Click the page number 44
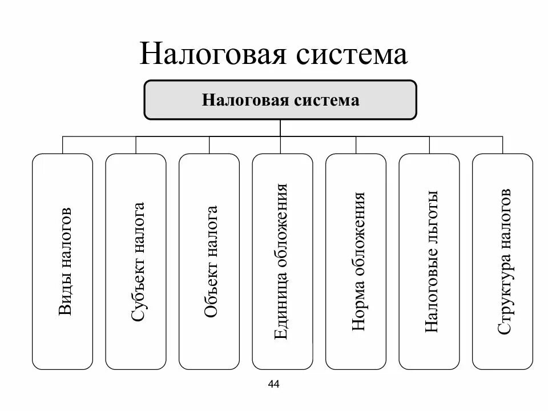click(x=273, y=384)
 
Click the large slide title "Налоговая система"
click(x=273, y=55)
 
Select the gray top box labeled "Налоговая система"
click(x=280, y=100)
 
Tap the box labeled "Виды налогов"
click(x=62, y=261)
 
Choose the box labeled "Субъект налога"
click(x=136, y=261)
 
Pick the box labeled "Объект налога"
click(x=209, y=261)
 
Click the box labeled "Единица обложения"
click(x=283, y=261)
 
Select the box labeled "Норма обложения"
click(x=356, y=261)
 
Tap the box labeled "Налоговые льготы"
click(x=429, y=261)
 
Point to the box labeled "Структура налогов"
click(x=503, y=261)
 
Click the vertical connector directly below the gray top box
click(x=280, y=128)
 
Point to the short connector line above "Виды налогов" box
click(x=62, y=145)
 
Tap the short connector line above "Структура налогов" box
click(x=503, y=145)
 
